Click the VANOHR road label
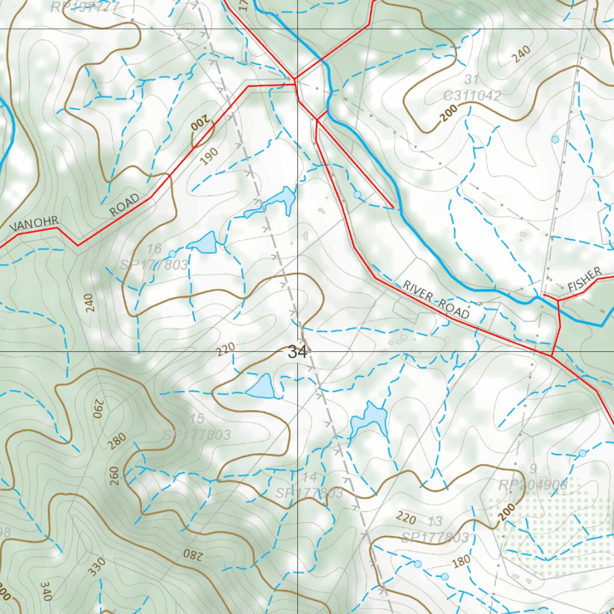(x=34, y=224)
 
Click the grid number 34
(x=297, y=352)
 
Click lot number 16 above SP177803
(x=154, y=249)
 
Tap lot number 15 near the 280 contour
(x=197, y=419)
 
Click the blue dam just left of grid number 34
(x=261, y=386)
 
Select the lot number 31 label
(x=471, y=80)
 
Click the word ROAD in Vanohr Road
(x=124, y=205)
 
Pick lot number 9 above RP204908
(x=533, y=468)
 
